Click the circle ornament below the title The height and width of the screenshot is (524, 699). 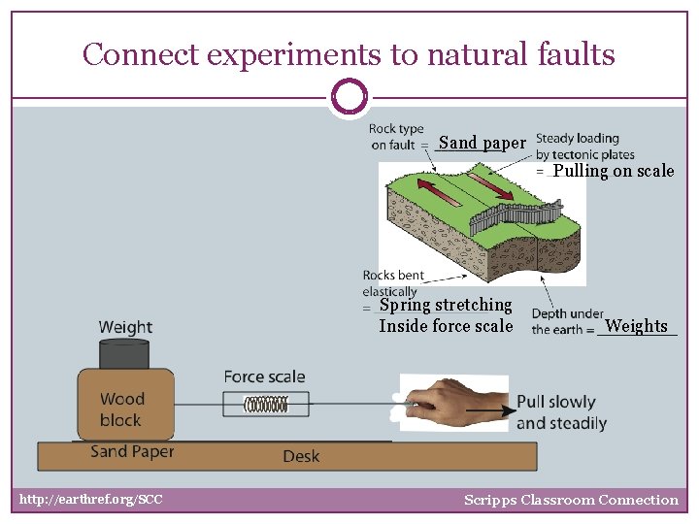pos(349,98)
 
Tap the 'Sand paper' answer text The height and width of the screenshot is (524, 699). pos(482,144)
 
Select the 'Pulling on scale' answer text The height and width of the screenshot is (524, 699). pos(613,172)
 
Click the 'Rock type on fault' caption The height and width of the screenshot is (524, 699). pos(396,137)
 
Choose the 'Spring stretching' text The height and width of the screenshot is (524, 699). pos(446,305)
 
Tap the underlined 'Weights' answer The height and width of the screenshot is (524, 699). pos(636,326)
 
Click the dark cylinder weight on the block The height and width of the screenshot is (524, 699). pos(125,353)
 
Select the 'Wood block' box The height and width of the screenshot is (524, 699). pos(122,408)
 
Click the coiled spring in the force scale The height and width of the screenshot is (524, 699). pos(265,405)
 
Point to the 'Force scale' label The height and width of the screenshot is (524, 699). pos(264,377)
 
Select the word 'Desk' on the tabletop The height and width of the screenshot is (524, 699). pos(301,456)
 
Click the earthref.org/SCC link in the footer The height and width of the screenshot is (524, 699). pos(91,500)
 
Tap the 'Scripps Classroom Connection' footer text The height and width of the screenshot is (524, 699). pos(571,500)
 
